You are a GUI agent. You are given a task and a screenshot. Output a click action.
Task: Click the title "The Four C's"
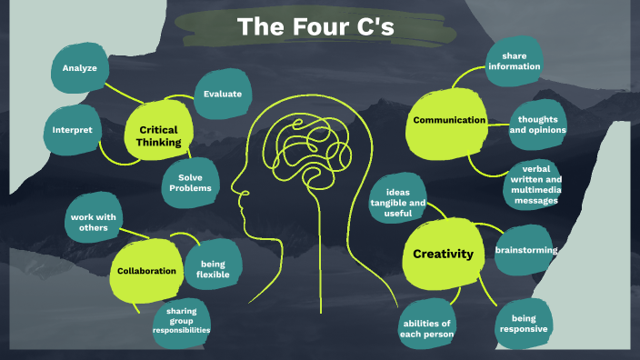(315, 27)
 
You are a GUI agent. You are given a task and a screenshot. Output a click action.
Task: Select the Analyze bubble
(80, 68)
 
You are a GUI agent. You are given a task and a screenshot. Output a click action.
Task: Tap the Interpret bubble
(72, 130)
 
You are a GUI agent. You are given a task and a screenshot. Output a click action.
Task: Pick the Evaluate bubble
(222, 93)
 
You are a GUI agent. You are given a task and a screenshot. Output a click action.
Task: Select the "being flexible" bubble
(206, 268)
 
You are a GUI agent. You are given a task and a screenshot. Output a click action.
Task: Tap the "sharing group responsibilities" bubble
(182, 321)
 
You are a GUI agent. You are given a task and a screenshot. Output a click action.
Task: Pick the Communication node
(449, 120)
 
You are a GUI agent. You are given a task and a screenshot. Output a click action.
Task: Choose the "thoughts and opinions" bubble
(537, 125)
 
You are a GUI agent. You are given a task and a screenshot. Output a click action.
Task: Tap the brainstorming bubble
(525, 249)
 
